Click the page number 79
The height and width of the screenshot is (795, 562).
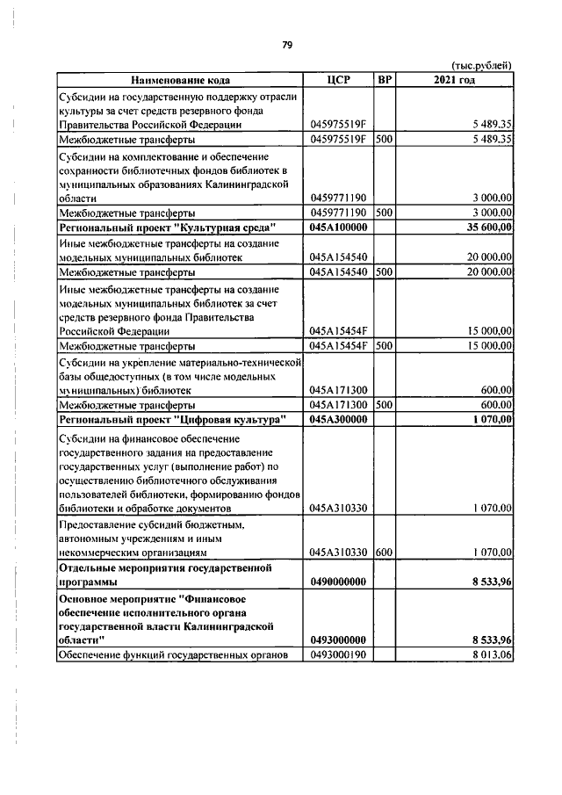click(286, 46)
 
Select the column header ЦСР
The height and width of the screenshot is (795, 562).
click(338, 80)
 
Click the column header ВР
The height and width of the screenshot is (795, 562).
click(384, 80)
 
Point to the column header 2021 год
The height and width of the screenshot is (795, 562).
click(454, 80)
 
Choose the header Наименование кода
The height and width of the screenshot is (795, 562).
click(181, 80)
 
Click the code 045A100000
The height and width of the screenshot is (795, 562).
click(338, 228)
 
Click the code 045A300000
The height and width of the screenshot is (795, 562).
click(338, 421)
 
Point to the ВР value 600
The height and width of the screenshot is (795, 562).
click(384, 553)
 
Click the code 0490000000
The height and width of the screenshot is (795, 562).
click(338, 582)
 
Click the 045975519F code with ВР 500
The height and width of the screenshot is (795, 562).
click(338, 139)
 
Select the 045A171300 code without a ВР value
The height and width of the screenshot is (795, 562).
click(338, 389)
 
